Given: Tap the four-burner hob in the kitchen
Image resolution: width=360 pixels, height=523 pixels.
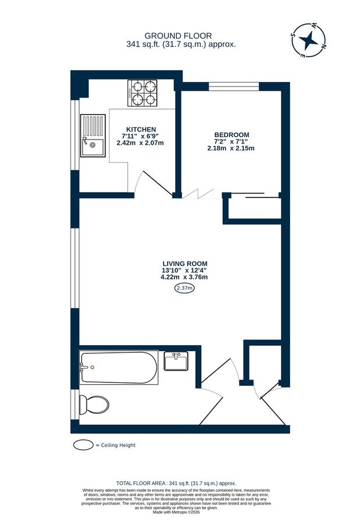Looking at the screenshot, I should [142, 93].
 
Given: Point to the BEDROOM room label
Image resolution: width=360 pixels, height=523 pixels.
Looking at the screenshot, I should [231, 134].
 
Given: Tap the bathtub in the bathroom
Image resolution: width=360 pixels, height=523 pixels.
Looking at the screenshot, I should [119, 367].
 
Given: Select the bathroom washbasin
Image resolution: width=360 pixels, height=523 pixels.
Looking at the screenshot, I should [176, 361].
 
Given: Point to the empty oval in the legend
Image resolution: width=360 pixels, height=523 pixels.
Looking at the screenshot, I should [84, 445].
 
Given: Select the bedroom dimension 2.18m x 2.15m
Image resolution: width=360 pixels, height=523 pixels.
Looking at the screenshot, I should [231, 148].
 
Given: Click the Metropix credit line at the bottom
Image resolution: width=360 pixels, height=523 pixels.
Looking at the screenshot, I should [180, 511].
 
